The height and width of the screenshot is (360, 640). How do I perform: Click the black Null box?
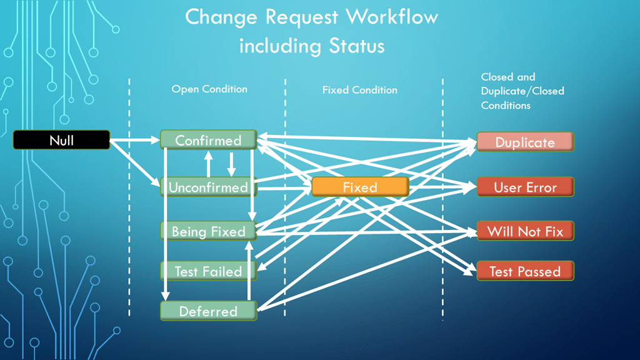[61, 140]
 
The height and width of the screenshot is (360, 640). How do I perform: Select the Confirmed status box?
[208, 140]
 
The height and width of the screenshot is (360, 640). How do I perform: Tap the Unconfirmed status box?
[208, 187]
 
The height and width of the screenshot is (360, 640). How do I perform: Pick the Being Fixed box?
[208, 231]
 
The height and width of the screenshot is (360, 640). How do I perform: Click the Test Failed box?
[208, 271]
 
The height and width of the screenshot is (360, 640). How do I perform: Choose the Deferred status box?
[208, 311]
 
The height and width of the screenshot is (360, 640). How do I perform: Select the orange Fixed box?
[360, 187]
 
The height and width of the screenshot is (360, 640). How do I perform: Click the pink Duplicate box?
[524, 142]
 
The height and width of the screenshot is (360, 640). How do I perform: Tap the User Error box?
[524, 187]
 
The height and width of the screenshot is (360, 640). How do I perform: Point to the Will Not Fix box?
[524, 231]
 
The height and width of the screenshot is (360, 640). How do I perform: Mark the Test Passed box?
[524, 271]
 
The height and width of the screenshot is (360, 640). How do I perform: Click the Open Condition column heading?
[209, 89]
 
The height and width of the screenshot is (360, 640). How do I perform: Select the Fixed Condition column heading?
[359, 90]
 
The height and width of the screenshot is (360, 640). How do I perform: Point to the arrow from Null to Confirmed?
[135, 141]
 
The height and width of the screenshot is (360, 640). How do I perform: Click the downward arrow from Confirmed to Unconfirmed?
[231, 164]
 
